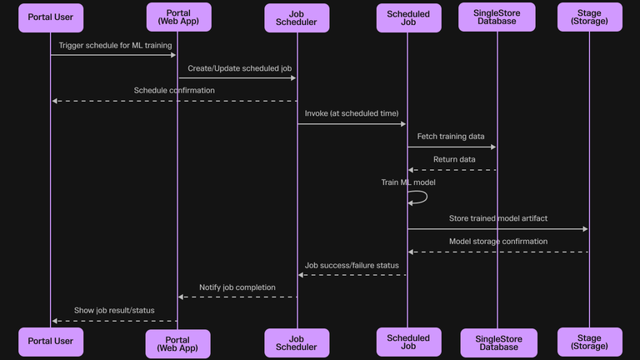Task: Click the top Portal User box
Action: tap(51, 17)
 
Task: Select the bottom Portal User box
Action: tap(51, 341)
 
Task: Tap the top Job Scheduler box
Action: tap(297, 17)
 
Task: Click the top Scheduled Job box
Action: tap(408, 17)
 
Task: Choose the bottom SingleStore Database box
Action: tap(497, 342)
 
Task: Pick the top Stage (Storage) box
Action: tap(589, 17)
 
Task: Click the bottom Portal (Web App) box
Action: tap(177, 343)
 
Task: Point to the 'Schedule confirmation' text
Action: tap(174, 90)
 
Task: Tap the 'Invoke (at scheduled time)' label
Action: tap(352, 113)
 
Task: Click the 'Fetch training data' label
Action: tap(451, 136)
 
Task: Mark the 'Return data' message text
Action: tap(454, 159)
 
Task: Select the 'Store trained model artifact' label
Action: tap(498, 218)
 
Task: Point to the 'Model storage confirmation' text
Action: tap(498, 241)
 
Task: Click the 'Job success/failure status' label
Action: tap(352, 265)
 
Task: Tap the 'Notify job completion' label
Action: tap(237, 287)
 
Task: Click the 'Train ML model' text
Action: tap(408, 182)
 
